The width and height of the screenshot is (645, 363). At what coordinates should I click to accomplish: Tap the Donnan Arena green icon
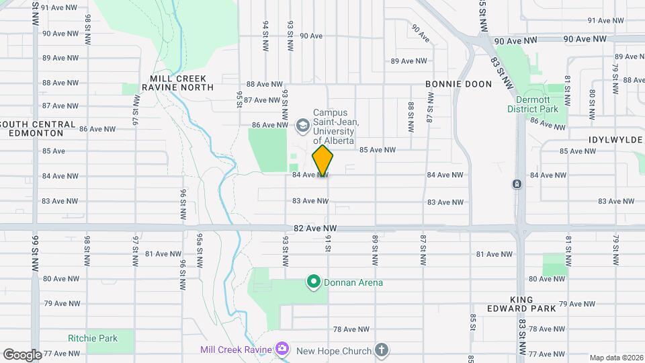click(312, 282)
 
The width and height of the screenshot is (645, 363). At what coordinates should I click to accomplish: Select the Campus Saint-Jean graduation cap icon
click(302, 124)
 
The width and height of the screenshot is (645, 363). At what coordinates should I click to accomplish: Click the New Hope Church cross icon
click(381, 350)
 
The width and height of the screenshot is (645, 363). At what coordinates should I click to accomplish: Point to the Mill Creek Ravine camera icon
click(282, 349)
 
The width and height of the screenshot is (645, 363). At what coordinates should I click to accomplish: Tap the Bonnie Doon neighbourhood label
click(458, 84)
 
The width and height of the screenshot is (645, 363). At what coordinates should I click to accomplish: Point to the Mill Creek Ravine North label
click(177, 83)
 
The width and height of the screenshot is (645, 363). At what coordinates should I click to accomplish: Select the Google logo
click(22, 354)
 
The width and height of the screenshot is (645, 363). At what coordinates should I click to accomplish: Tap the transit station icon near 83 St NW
click(516, 184)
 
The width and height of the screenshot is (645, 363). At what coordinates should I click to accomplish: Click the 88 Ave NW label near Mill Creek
click(263, 84)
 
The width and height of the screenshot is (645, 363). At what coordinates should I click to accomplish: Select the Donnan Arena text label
click(353, 282)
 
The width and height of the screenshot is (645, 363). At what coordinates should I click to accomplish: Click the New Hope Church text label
click(334, 350)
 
